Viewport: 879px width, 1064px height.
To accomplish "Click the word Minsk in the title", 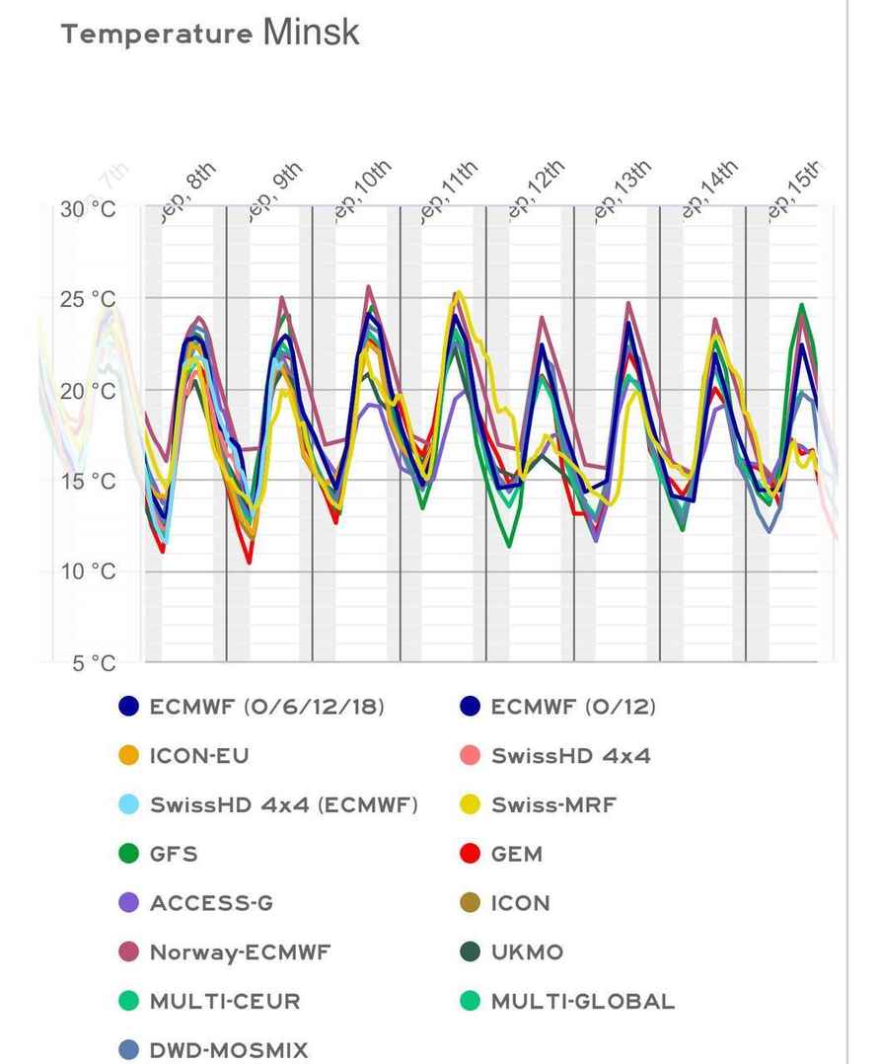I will coord(311,32).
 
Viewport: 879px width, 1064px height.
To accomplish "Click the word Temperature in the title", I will coord(157,35).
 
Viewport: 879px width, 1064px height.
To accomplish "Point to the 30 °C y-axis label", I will coord(95,210).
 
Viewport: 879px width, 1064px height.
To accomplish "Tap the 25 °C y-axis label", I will coord(95,300).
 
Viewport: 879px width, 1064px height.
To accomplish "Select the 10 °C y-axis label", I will coord(95,572).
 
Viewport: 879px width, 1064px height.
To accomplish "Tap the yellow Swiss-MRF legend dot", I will coord(471,805).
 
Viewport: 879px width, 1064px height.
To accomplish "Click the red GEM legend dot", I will coord(471,855).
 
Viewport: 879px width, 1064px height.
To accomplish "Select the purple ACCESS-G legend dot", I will coord(128,903).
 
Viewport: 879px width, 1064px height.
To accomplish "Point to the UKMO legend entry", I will coord(527,952).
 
